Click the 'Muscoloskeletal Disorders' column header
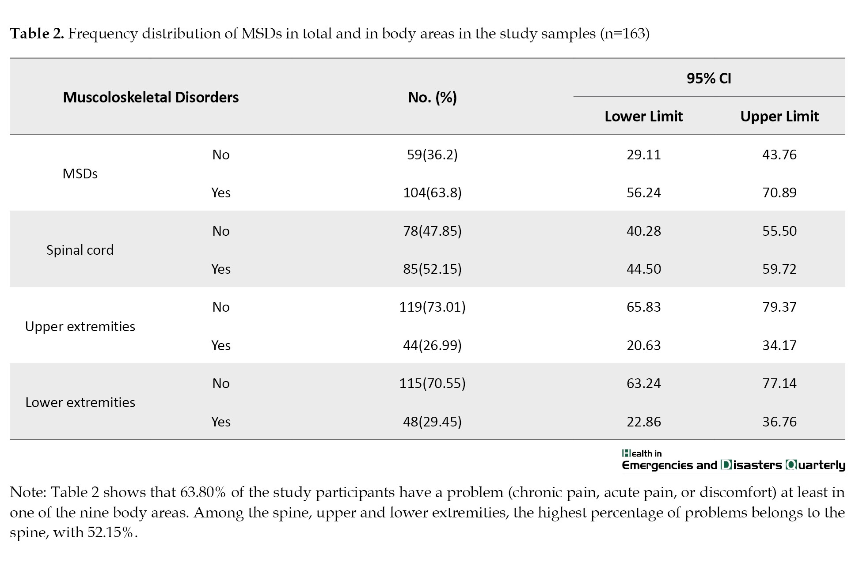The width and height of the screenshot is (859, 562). [x=151, y=97]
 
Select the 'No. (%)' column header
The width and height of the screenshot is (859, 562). [x=432, y=98]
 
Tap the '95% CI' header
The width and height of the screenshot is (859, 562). [x=709, y=78]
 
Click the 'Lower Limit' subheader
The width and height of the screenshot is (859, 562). [x=643, y=116]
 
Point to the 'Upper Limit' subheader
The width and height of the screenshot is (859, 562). [x=779, y=116]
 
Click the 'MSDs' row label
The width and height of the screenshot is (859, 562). [x=80, y=174]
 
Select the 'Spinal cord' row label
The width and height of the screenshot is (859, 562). [x=80, y=250]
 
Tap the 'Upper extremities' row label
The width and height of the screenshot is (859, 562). [x=80, y=326]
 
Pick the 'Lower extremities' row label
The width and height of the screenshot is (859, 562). [x=80, y=402]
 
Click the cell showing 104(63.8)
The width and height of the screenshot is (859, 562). [x=432, y=192]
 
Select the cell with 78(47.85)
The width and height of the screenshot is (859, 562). [x=432, y=231]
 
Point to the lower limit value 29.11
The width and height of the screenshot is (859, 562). [x=643, y=155]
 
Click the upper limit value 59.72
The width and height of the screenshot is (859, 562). [x=779, y=269]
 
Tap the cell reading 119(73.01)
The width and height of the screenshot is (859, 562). [x=432, y=307]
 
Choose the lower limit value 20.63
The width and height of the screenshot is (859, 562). [x=643, y=345]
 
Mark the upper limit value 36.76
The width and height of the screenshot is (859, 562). [x=779, y=422]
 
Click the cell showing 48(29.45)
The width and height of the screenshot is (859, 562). [x=432, y=422]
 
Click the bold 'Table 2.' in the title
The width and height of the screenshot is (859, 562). [x=37, y=34]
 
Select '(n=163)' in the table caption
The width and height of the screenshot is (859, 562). [x=624, y=34]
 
